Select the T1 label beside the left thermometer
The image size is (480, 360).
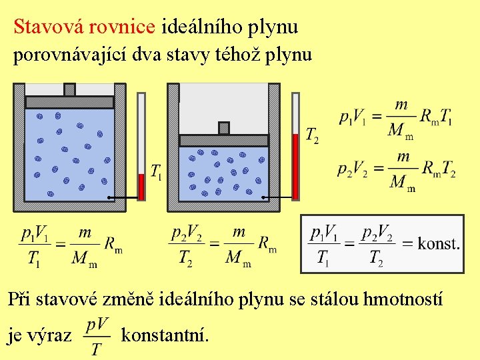tap(157, 173)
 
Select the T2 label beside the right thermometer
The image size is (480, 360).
tap(312, 136)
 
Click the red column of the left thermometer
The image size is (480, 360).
tap(141, 186)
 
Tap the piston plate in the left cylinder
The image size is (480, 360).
tap(69, 102)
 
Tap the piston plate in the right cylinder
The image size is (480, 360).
tap(224, 140)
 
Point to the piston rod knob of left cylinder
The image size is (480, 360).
tap(69, 89)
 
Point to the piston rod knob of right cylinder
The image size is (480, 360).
tap(224, 128)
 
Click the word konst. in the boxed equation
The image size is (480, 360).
tap(439, 243)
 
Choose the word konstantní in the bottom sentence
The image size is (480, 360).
tap(165, 335)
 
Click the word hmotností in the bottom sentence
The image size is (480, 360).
tap(403, 299)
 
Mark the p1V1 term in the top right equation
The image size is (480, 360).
tap(353, 117)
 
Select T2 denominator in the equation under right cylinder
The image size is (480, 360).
tap(185, 259)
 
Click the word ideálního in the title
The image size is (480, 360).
tap(202, 27)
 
